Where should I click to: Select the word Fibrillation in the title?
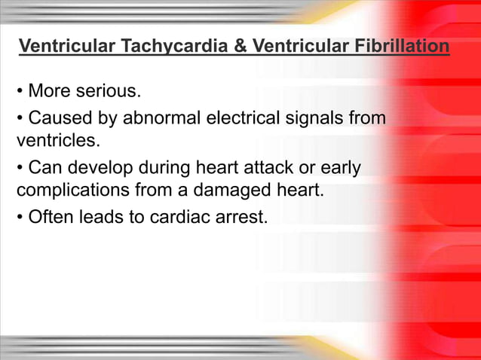[400, 48]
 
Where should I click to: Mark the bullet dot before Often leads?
[20, 217]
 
